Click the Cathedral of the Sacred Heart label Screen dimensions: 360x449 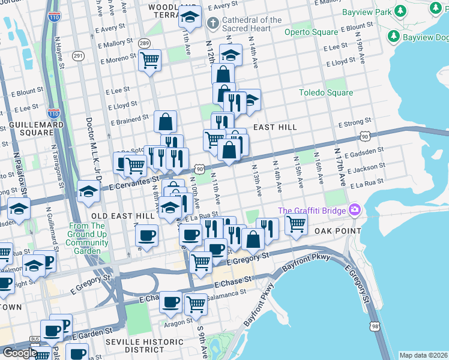(x=251, y=24)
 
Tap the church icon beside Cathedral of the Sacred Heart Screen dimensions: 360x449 (x=212, y=23)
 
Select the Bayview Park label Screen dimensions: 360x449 (x=366, y=12)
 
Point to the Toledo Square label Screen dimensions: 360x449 (x=326, y=93)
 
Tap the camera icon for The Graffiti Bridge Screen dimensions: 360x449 (x=355, y=210)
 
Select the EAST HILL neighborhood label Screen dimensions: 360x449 (x=276, y=128)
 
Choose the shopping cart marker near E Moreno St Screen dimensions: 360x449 (x=149, y=60)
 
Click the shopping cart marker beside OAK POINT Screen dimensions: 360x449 (x=296, y=224)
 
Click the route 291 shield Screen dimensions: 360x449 (x=79, y=56)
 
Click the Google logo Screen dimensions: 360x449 (x=19, y=353)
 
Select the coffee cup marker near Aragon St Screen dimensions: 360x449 (x=170, y=302)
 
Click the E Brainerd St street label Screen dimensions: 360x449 (x=128, y=119)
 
